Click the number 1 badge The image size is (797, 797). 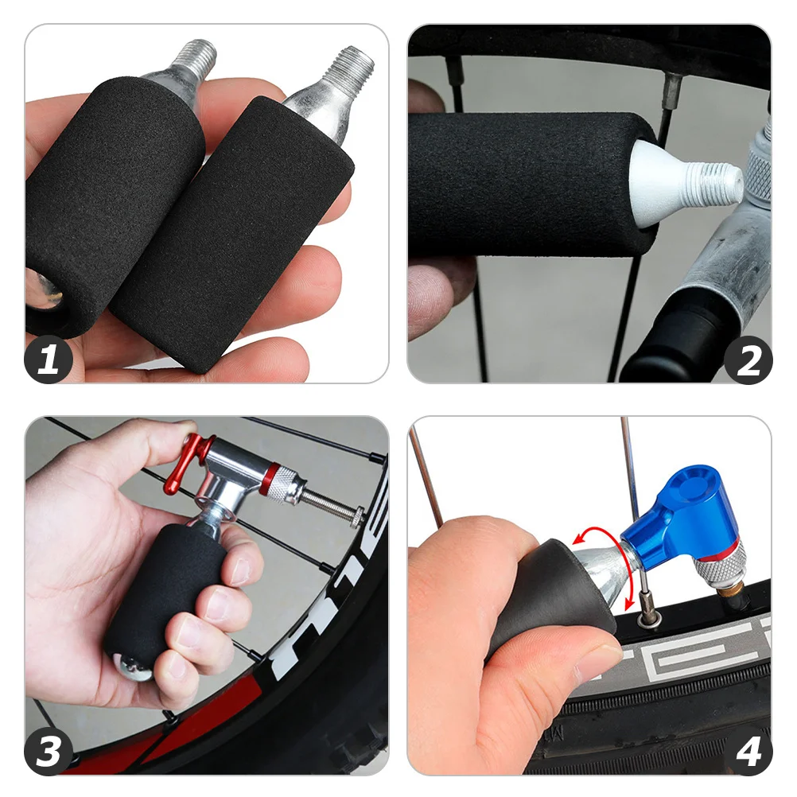(x=49, y=360)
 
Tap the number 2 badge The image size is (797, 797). (x=748, y=360)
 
